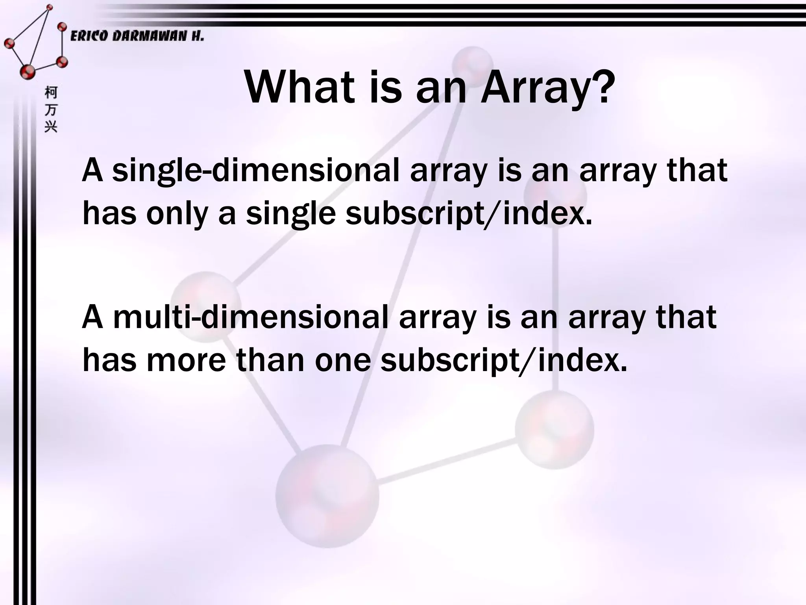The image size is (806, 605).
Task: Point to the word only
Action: [177, 214]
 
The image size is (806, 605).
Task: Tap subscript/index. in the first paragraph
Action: [469, 215]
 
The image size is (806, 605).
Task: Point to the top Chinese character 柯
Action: [51, 93]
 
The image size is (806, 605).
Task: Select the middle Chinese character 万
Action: [51, 110]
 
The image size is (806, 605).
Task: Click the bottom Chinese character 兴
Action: [51, 126]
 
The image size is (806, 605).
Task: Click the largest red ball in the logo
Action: [28, 71]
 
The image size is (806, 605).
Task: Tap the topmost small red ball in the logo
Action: [49, 7]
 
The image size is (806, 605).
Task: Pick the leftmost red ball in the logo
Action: [9, 43]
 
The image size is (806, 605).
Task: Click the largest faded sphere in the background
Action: [327, 496]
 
